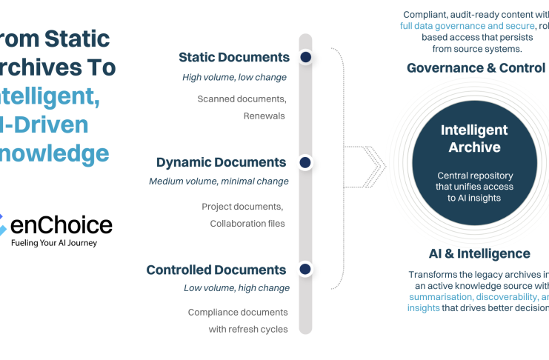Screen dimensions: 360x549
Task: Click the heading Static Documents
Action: [x=234, y=57]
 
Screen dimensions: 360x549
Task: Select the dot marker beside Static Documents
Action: [x=305, y=57]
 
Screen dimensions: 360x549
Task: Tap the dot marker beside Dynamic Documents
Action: [x=305, y=162]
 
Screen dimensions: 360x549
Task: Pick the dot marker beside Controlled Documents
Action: [x=305, y=270]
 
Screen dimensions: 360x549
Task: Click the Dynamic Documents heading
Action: [x=221, y=162]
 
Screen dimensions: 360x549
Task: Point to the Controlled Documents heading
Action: [x=216, y=270]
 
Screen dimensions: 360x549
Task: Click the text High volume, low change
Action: [x=234, y=77]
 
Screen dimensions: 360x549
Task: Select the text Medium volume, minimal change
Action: [x=219, y=181]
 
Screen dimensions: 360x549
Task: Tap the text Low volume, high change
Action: [x=236, y=287]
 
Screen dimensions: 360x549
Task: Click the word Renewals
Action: [x=264, y=116]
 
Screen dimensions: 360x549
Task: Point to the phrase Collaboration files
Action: [x=247, y=224]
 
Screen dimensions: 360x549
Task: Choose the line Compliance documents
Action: [x=238, y=313]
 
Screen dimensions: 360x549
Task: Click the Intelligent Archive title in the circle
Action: [x=474, y=139]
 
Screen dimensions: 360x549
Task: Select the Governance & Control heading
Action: [x=476, y=68]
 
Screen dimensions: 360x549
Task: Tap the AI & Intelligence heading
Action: [x=479, y=253]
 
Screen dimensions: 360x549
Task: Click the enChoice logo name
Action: [x=61, y=225]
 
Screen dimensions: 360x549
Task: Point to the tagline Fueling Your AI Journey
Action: [x=54, y=243]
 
